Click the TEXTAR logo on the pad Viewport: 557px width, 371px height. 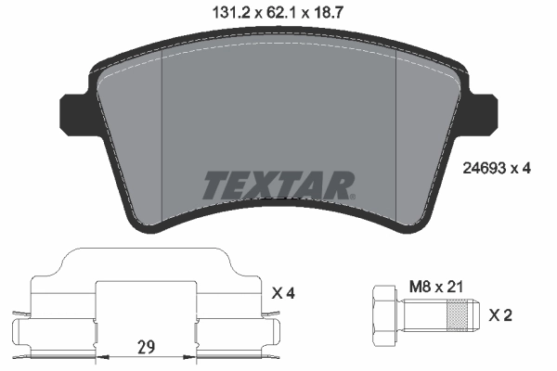click(x=278, y=185)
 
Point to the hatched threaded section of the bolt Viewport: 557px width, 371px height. click(x=457, y=315)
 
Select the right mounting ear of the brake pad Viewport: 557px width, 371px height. click(x=486, y=112)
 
